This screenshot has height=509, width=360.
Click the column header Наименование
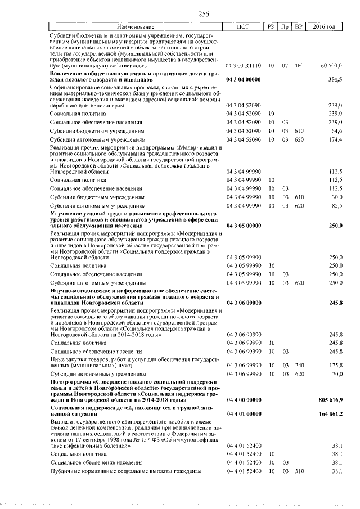(x=136, y=27)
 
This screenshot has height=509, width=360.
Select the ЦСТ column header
(x=243, y=27)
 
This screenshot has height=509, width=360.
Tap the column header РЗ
(x=271, y=27)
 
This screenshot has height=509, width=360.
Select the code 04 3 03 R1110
(x=243, y=66)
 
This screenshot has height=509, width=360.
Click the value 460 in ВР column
(x=299, y=66)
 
